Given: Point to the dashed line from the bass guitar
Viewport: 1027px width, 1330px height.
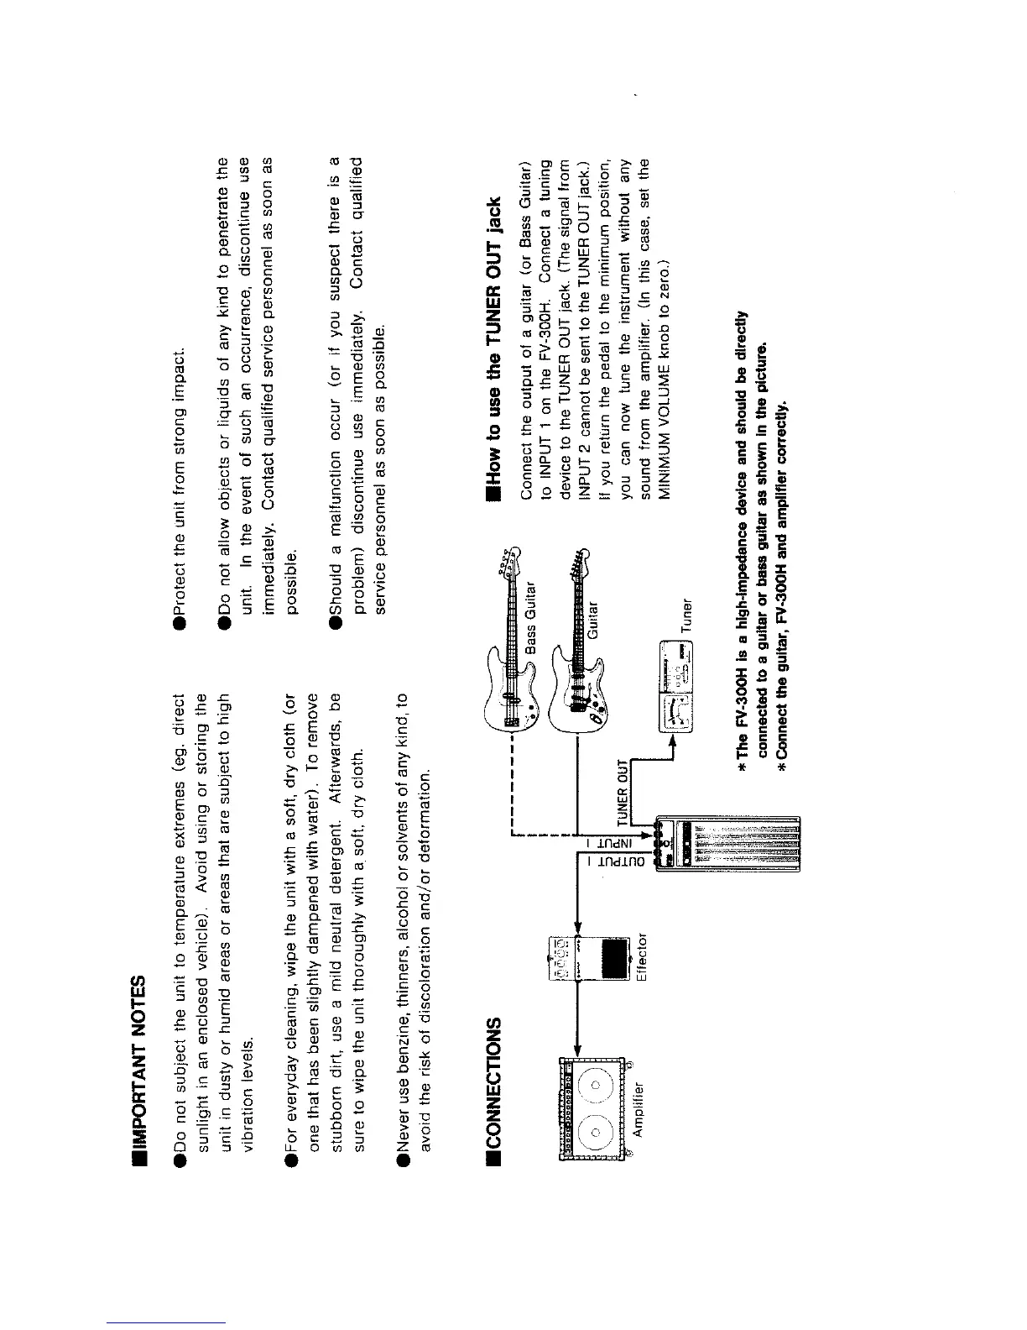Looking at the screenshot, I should pos(513,781).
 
